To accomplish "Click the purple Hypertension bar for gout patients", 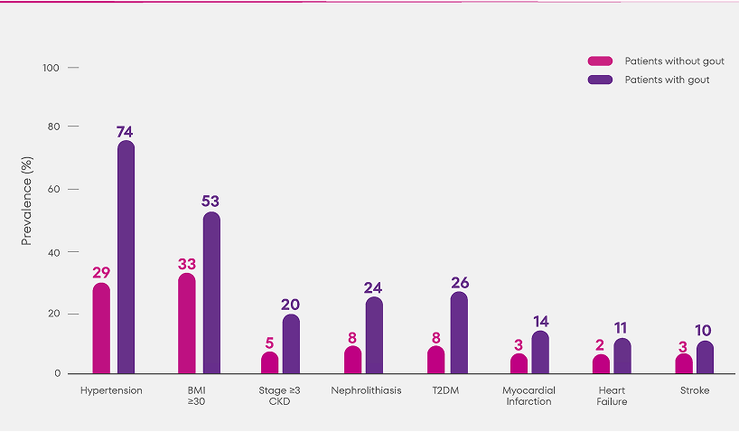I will click(126, 258).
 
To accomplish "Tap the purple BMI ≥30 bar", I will click(211, 293).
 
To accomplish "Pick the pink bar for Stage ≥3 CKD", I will click(270, 362).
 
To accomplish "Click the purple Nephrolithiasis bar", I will click(374, 335).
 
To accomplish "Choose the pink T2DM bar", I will click(435, 360).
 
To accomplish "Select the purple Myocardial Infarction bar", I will click(540, 352).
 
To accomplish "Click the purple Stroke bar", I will click(705, 357).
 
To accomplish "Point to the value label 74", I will click(125, 132).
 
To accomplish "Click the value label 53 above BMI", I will click(210, 202).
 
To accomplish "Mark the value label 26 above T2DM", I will click(459, 283).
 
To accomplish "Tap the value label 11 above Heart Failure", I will click(622, 328).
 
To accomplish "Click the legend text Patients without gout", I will click(674, 61).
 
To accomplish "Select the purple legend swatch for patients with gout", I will click(600, 80).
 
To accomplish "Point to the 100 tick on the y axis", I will click(51, 68).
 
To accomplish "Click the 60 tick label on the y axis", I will click(51, 189).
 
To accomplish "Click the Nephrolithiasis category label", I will click(366, 390).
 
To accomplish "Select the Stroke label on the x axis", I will click(695, 390).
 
